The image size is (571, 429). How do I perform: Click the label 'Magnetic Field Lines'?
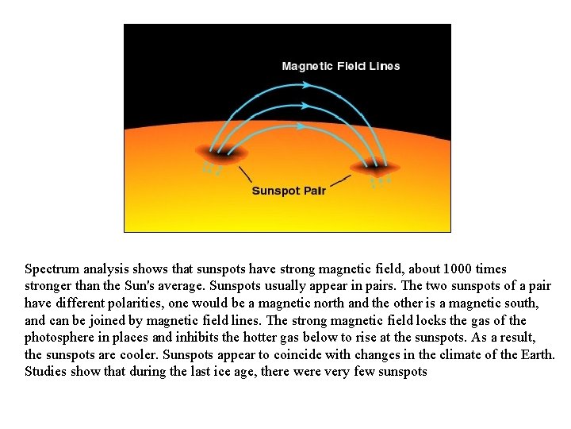[341, 66]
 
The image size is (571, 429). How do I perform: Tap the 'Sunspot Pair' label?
[289, 191]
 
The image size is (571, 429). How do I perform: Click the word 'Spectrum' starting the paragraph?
[50, 269]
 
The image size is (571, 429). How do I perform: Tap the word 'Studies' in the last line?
[46, 372]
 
